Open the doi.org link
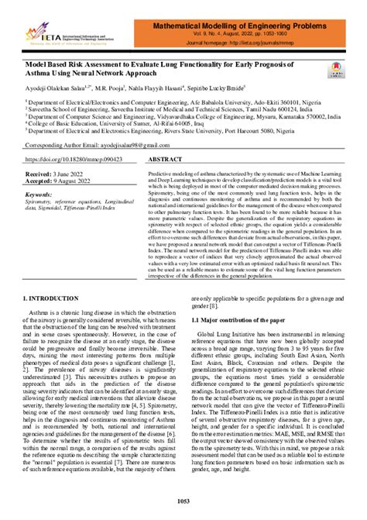70,157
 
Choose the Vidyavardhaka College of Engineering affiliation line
178,117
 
